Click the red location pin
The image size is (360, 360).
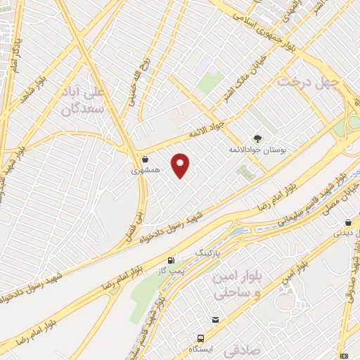pos(181,165)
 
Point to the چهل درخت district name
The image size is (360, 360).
pos(308,83)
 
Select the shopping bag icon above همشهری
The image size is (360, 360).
pos(145,159)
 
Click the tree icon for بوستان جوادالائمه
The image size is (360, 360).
pos(257,139)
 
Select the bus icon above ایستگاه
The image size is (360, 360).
pos(200,338)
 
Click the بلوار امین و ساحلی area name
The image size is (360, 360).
pos(236,285)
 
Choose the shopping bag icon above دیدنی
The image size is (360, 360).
pos(348,223)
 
